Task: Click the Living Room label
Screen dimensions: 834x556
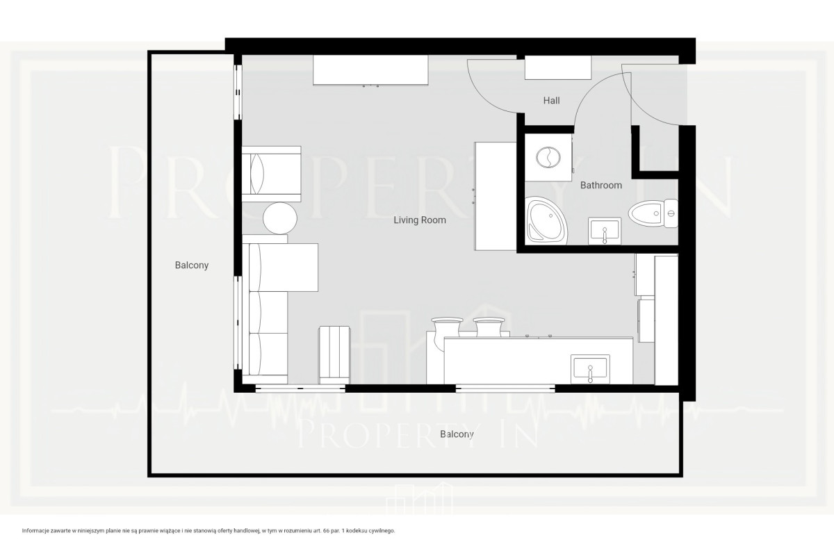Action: (x=420, y=220)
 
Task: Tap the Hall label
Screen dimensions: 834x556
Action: (x=551, y=101)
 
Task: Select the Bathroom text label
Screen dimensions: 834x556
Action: (x=601, y=185)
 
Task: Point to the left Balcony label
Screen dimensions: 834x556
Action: (x=192, y=265)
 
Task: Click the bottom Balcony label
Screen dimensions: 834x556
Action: (x=457, y=434)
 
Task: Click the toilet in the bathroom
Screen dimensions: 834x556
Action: (x=653, y=213)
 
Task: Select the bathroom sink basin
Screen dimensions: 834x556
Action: (x=604, y=231)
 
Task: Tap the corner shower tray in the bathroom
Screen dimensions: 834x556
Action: (x=547, y=221)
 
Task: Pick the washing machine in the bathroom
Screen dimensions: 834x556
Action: (x=548, y=158)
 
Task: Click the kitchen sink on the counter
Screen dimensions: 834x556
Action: (x=590, y=368)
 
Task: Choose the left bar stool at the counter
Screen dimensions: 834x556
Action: (x=447, y=327)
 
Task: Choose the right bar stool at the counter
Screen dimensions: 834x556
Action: (x=489, y=327)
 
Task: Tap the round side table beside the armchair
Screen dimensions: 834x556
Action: (x=280, y=218)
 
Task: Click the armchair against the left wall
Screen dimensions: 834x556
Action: (x=272, y=174)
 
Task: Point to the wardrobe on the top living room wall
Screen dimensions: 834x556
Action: (x=370, y=70)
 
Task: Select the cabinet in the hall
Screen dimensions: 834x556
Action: (x=557, y=67)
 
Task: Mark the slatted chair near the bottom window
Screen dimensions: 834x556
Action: (x=334, y=355)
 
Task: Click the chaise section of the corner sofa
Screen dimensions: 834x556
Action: (x=284, y=268)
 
